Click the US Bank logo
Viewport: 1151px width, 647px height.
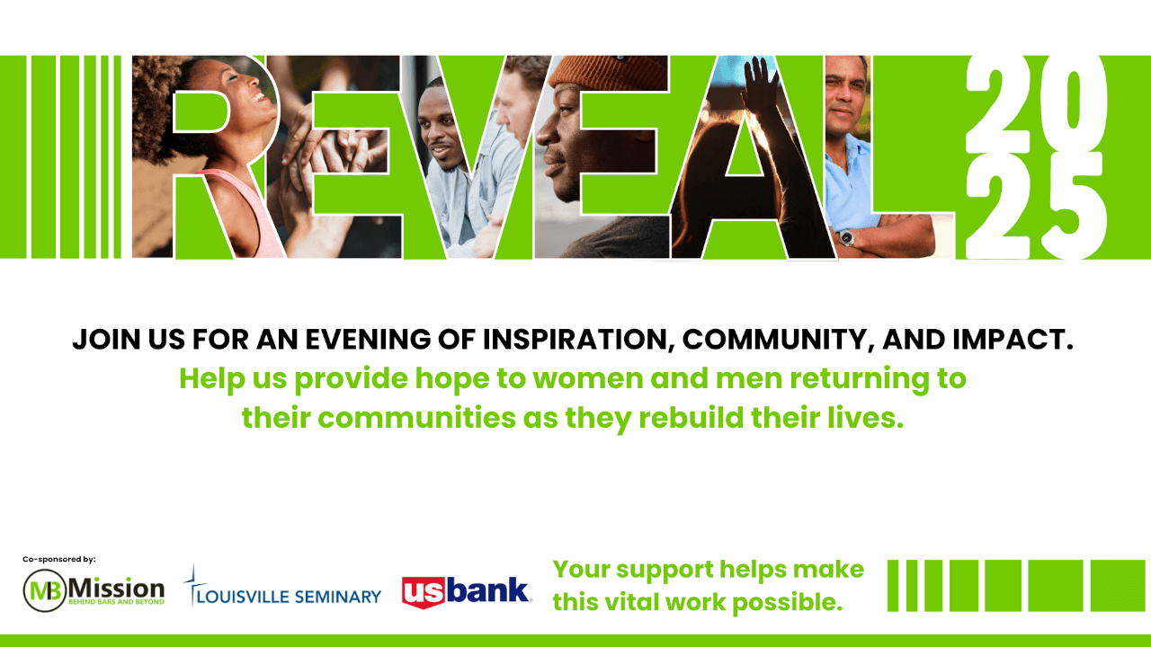pos(467,592)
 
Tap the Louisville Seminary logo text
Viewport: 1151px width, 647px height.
pos(289,597)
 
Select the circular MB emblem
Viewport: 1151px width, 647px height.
pos(45,590)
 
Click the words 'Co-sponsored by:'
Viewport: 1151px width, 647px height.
pos(59,559)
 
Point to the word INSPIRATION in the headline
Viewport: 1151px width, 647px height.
pos(578,340)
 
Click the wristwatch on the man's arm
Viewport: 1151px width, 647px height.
pos(846,238)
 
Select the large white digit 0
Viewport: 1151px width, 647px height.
pos(1073,105)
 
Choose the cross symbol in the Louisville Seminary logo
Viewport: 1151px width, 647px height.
pos(193,585)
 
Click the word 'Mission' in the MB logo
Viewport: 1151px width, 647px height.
pos(116,588)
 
